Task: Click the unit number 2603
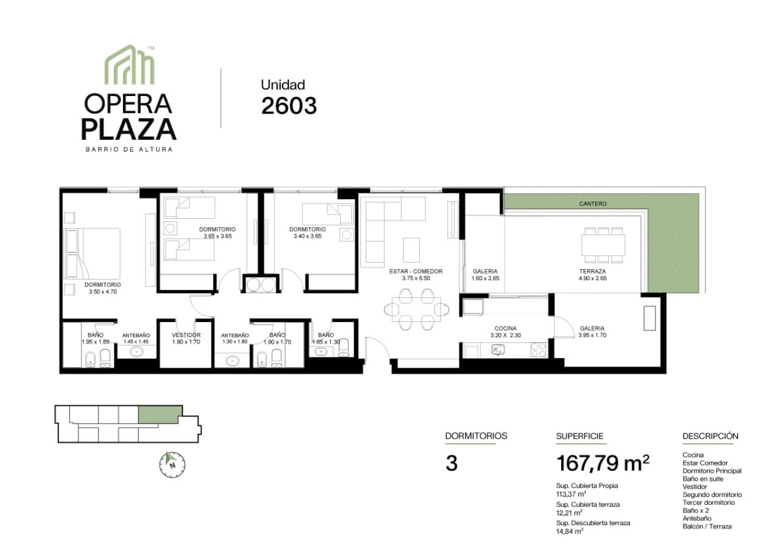pyautogui.click(x=289, y=106)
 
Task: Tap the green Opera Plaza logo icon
pyautogui.click(x=130, y=64)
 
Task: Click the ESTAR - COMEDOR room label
pyautogui.click(x=416, y=271)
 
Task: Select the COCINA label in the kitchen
pyautogui.click(x=505, y=328)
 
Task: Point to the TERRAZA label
pyautogui.click(x=592, y=271)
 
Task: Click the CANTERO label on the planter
pyautogui.click(x=593, y=204)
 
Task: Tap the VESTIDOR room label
pyautogui.click(x=186, y=335)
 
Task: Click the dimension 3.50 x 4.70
pyautogui.click(x=103, y=292)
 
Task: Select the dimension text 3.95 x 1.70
pyautogui.click(x=592, y=335)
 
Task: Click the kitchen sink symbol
pyautogui.click(x=498, y=349)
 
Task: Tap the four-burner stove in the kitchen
pyautogui.click(x=539, y=350)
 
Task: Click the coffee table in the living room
pyautogui.click(x=411, y=250)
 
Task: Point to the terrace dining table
pyautogui.click(x=603, y=245)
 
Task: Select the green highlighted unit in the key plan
pyautogui.click(x=160, y=414)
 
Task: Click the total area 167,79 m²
pyautogui.click(x=603, y=463)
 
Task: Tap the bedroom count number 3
pyautogui.click(x=452, y=464)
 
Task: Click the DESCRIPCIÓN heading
pyautogui.click(x=710, y=436)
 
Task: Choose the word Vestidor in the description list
pyautogui.click(x=695, y=487)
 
